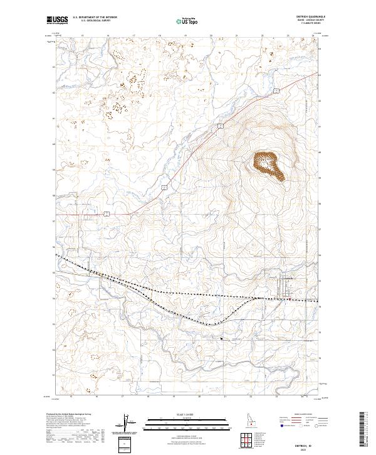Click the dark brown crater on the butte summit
[x=268, y=165]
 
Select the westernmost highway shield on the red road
[x=107, y=214]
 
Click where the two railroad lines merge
[x=254, y=297]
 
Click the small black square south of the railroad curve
[x=221, y=340]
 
